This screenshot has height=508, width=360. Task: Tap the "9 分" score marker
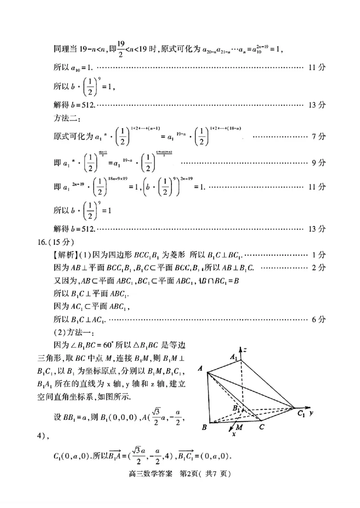point(318,163)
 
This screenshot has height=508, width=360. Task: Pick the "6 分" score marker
point(318,320)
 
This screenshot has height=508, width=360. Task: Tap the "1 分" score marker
point(318,255)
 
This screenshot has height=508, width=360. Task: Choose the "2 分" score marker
point(318,268)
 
